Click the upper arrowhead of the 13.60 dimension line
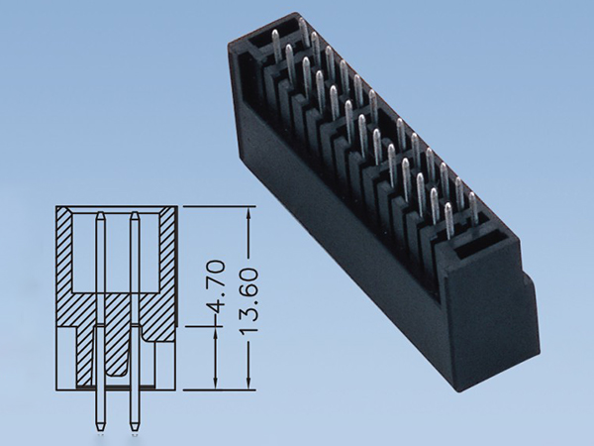[x=247, y=212]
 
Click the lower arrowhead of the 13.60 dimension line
[x=247, y=383]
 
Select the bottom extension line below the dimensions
[x=218, y=388]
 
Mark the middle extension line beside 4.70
[x=203, y=324]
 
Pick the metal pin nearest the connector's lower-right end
[x=474, y=208]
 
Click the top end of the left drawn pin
[x=101, y=215]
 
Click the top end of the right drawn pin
[x=134, y=215]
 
